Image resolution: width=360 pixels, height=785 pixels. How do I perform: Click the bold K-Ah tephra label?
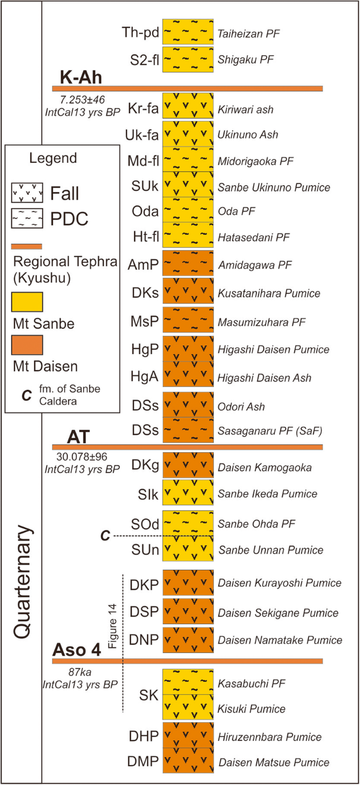(x=80, y=78)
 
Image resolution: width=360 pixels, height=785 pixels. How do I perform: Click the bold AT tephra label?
(x=80, y=436)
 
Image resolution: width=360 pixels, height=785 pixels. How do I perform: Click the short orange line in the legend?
(x=27, y=246)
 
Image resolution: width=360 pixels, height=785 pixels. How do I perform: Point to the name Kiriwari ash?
(x=246, y=110)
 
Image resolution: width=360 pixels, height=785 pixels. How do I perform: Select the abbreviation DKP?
(x=143, y=583)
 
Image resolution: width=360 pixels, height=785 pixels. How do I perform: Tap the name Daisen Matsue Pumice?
(x=273, y=762)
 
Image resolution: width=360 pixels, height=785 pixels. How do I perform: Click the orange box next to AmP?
(x=188, y=263)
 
